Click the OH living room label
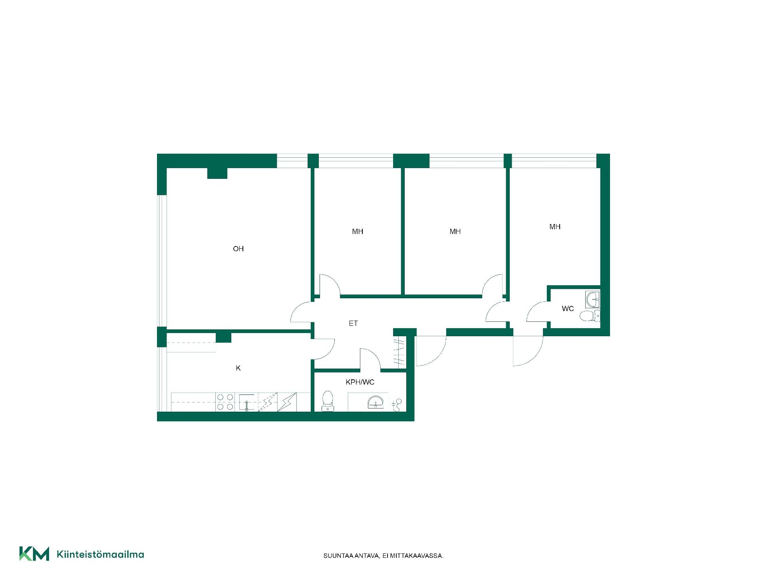[238, 249]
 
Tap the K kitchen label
[238, 368]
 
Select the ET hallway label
[353, 323]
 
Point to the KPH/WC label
[360, 382]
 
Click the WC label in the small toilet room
[568, 309]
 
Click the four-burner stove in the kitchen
[225, 402]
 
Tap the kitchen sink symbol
[247, 402]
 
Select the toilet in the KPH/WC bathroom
[328, 401]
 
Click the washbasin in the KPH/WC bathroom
[376, 402]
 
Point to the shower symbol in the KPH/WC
[397, 405]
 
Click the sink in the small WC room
[592, 299]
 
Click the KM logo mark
[34, 554]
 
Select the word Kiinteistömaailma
[100, 554]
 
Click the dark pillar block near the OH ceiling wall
[217, 173]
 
